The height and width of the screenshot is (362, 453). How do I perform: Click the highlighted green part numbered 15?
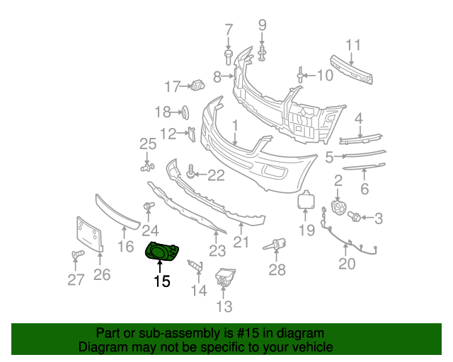[162, 250]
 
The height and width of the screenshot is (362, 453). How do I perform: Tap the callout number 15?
[162, 281]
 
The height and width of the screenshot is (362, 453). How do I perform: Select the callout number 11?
[353, 45]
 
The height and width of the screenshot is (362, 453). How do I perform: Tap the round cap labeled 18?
[185, 111]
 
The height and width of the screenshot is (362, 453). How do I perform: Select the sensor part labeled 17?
[197, 86]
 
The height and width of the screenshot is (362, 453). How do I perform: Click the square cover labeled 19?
[306, 201]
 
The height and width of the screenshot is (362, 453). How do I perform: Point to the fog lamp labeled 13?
[224, 279]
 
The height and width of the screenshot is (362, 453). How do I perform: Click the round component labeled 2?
[338, 208]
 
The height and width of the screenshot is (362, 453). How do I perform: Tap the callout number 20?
[347, 264]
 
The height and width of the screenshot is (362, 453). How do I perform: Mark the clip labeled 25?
[147, 168]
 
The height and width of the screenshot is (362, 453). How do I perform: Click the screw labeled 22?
[190, 172]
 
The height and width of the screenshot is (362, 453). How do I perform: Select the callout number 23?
[217, 250]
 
